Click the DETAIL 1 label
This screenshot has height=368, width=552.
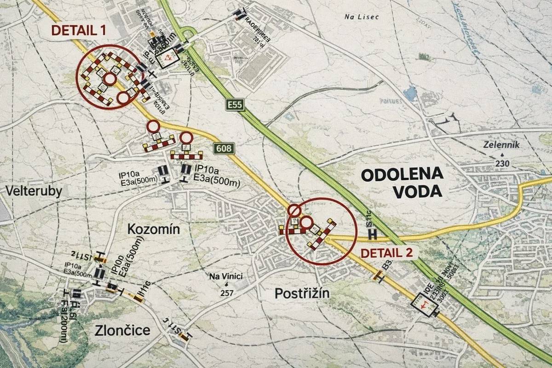tap(78, 30)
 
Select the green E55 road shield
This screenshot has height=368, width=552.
tap(235, 105)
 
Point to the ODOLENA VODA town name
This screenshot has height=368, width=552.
tap(402, 182)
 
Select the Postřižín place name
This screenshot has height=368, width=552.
tap(302, 293)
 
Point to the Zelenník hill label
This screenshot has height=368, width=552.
tap(501, 145)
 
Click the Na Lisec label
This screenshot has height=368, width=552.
tap(361, 17)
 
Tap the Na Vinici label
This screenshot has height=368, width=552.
tap(225, 276)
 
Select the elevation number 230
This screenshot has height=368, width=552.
tap(502, 164)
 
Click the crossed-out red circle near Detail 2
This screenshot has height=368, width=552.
tap(294, 211)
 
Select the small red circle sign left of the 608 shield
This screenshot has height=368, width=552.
tap(186, 138)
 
